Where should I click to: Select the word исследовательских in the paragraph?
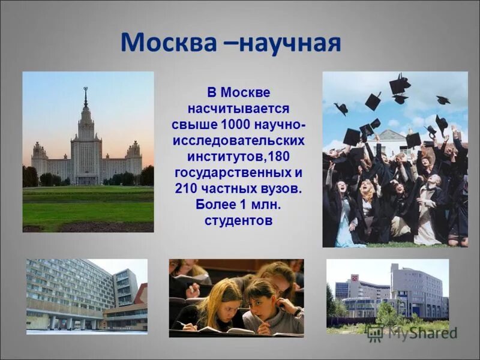[x=238, y=141]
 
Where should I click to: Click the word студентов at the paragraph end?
[x=238, y=220]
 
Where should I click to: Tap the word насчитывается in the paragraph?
[x=238, y=109]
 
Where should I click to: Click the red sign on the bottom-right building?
[x=354, y=278]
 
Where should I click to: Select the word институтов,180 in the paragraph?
[x=238, y=157]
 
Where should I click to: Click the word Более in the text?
[x=215, y=205]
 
